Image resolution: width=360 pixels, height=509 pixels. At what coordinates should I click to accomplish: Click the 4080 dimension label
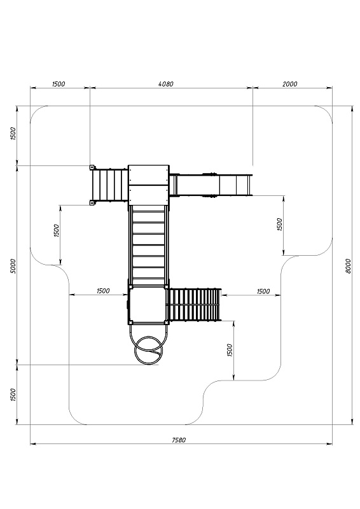tap(166, 84)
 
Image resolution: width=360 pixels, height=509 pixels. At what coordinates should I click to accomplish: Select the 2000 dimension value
tap(289, 84)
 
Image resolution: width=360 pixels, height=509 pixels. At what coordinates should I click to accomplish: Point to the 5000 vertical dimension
tap(13, 266)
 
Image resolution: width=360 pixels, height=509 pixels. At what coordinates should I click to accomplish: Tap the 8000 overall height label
tap(348, 266)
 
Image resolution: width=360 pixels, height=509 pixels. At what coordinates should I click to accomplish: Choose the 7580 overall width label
tap(179, 440)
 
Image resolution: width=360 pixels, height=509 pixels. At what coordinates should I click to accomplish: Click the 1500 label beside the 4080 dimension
tap(59, 84)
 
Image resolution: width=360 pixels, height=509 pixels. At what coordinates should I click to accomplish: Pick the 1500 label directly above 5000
tap(13, 134)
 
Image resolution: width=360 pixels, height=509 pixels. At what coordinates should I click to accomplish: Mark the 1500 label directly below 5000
tap(13, 394)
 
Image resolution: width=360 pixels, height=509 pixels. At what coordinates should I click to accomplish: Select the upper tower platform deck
tap(149, 185)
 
